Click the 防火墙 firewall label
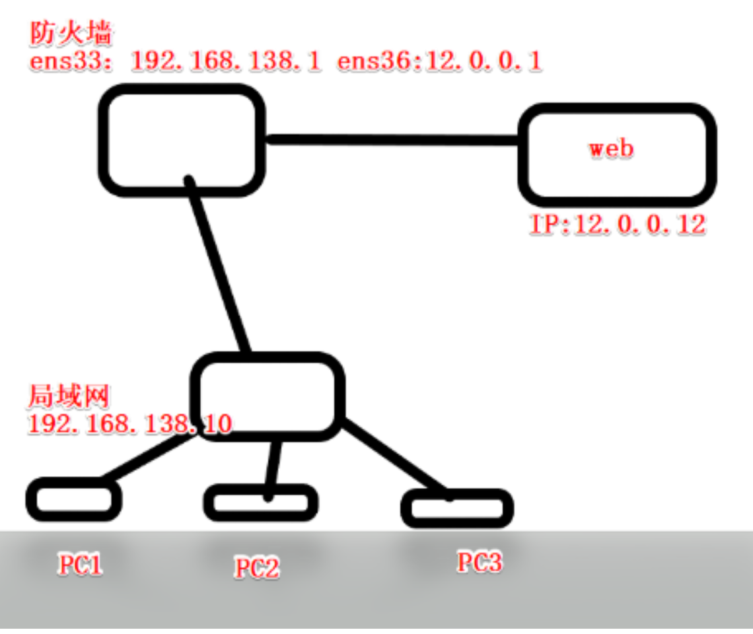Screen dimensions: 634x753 [71, 34]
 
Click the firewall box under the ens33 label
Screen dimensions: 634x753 [182, 140]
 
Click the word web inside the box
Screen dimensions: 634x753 [611, 148]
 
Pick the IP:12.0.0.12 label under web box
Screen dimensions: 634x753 [618, 225]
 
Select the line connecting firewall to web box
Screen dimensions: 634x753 [393, 139]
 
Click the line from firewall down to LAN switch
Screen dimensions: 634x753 [218, 264]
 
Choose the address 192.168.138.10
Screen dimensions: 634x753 [129, 423]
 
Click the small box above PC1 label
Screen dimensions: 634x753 [73, 499]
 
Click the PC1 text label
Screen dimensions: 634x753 [81, 565]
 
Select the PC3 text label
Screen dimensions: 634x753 [480, 562]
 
